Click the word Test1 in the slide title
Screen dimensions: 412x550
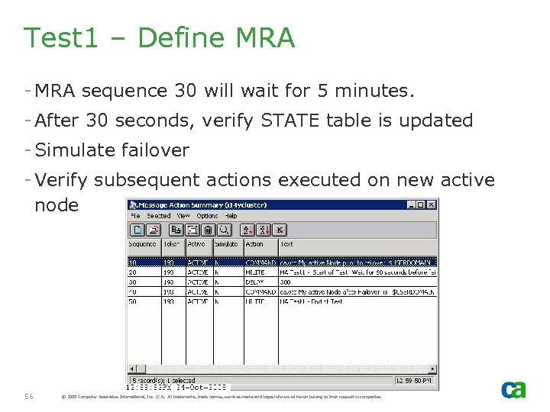(x=62, y=37)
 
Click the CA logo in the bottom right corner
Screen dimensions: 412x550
(x=513, y=389)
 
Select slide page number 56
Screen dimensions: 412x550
(x=29, y=396)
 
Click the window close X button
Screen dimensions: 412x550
(x=432, y=204)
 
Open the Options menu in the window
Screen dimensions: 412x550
(x=207, y=216)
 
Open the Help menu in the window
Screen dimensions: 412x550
(x=231, y=216)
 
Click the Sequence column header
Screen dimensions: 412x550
(x=142, y=244)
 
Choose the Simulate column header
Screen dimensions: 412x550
(x=226, y=244)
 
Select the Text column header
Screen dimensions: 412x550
(x=286, y=244)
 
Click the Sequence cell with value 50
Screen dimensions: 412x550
(x=132, y=301)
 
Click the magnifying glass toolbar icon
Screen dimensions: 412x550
(x=225, y=230)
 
